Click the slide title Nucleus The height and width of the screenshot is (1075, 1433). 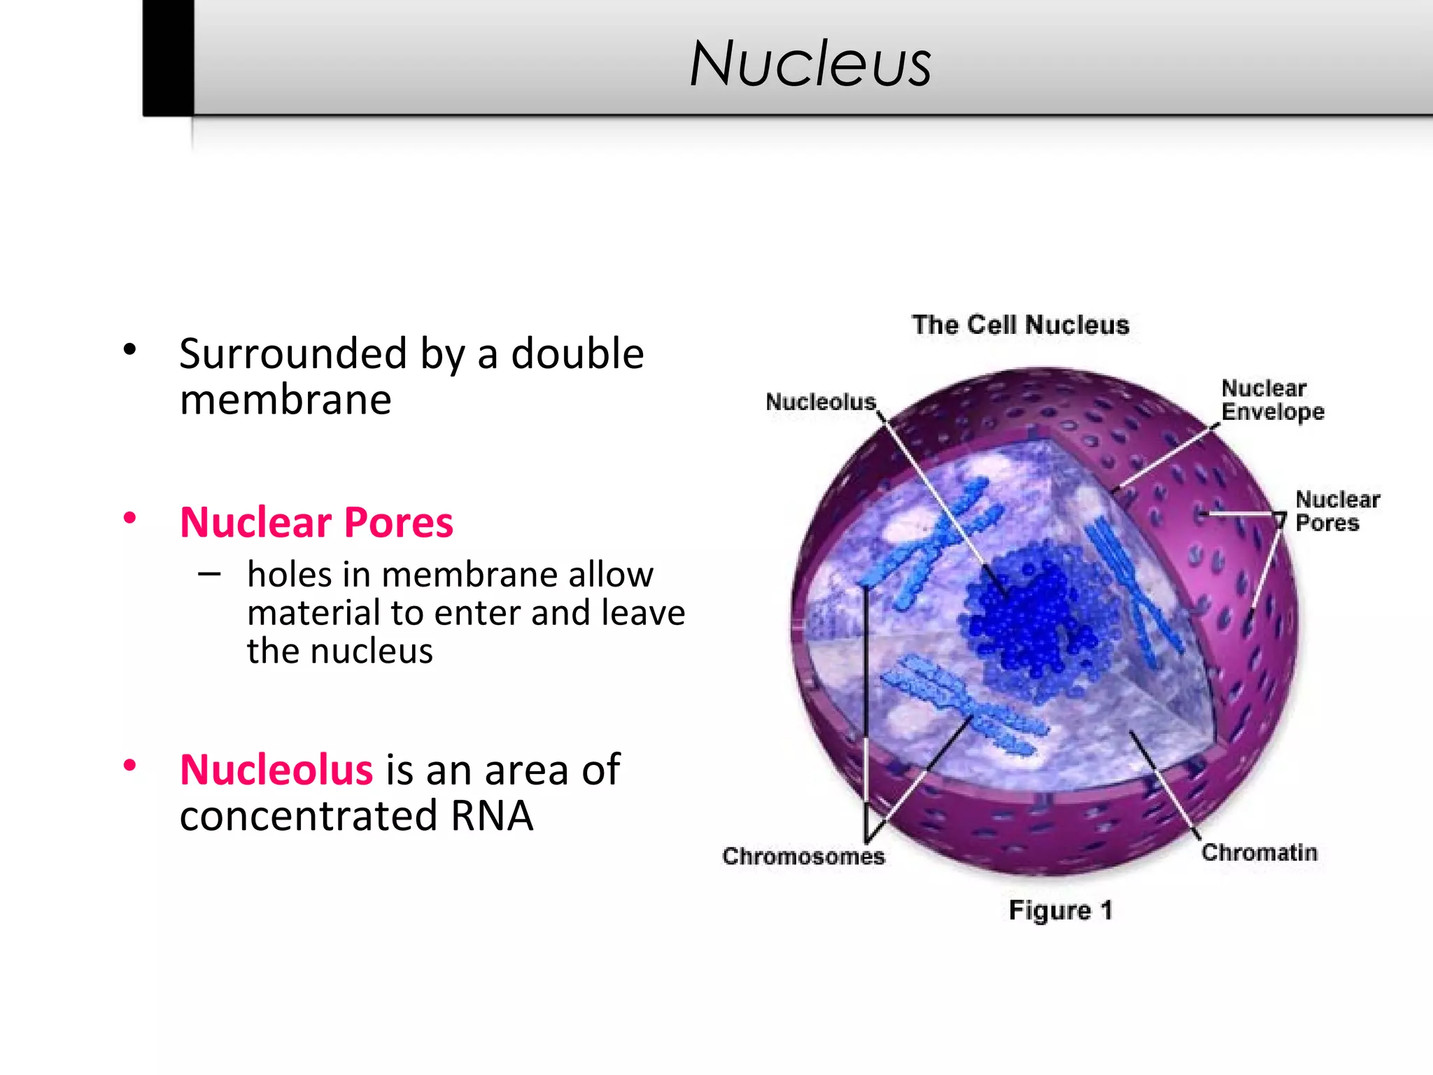click(810, 64)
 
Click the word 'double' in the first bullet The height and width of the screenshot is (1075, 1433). click(577, 353)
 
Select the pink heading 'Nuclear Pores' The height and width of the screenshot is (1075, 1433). click(316, 522)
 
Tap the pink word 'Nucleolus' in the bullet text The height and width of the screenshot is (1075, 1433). click(276, 770)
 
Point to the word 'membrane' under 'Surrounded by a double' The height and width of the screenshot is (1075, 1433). click(285, 400)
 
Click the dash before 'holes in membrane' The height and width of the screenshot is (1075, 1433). click(209, 575)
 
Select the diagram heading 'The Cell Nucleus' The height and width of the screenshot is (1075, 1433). click(1020, 325)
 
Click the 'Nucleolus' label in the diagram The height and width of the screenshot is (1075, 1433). click(820, 402)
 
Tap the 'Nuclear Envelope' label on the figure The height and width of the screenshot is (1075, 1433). click(1272, 400)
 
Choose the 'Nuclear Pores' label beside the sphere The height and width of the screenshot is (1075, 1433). click(1336, 511)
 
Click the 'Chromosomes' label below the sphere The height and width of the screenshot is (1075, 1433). click(803, 857)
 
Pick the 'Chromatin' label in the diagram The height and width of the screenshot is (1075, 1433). click(1259, 852)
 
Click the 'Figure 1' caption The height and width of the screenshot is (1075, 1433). click(1059, 911)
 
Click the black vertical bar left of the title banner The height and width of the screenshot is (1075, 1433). click(168, 57)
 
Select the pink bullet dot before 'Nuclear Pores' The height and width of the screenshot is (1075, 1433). click(129, 519)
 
